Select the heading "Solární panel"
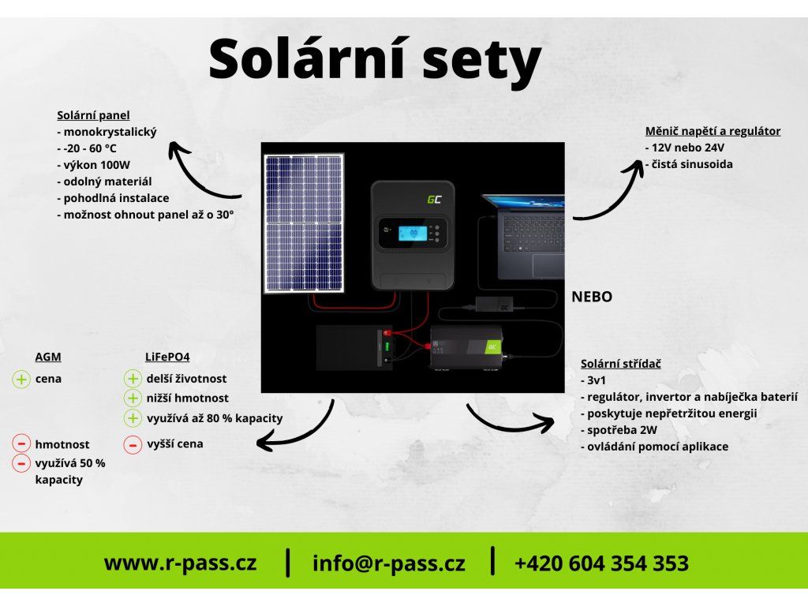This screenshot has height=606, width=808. (x=93, y=115)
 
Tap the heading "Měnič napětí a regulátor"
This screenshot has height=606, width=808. (x=713, y=131)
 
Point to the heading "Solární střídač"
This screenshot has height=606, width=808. (x=620, y=364)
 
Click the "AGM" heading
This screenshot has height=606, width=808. (x=48, y=357)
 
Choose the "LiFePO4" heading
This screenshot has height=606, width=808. (x=167, y=357)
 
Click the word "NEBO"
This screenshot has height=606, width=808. (x=592, y=297)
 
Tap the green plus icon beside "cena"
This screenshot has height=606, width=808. (x=21, y=380)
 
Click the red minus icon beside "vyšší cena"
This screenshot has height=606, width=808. (x=133, y=445)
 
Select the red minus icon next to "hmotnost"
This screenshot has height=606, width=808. (x=21, y=444)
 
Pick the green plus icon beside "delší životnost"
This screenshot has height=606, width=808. (x=133, y=380)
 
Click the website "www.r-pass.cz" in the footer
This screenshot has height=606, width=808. (x=180, y=563)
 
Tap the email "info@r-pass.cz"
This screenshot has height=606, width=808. (x=388, y=563)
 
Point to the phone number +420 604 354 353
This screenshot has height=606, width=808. (x=601, y=563)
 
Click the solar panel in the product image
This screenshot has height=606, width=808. (x=304, y=223)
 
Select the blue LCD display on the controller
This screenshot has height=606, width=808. (x=412, y=233)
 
